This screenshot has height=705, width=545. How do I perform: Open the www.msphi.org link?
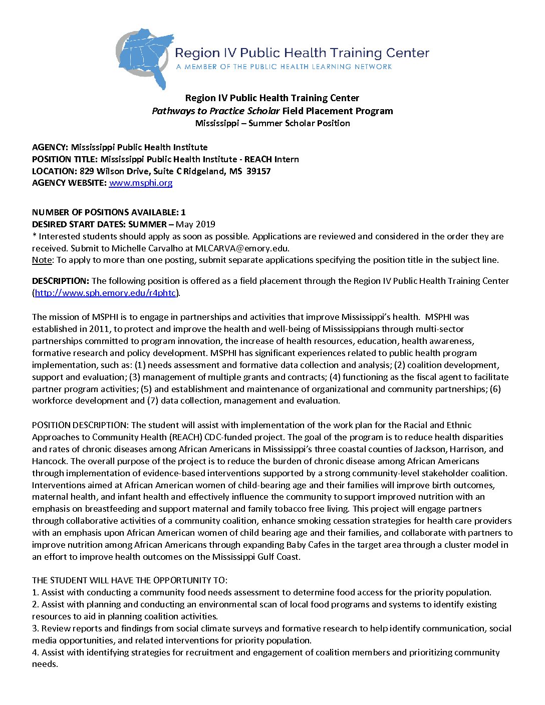(141, 183)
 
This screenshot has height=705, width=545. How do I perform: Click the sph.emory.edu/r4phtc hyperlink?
(105, 293)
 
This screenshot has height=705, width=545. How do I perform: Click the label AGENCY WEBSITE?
(69, 183)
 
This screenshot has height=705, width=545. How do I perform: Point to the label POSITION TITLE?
(65, 159)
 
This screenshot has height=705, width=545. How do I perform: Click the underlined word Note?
(42, 260)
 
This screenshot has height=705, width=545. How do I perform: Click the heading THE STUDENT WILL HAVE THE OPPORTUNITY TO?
(130, 580)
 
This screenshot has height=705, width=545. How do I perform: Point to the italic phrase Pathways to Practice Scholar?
(216, 111)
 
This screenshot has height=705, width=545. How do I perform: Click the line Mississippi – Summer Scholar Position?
(272, 123)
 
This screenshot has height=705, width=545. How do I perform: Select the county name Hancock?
(49, 461)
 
